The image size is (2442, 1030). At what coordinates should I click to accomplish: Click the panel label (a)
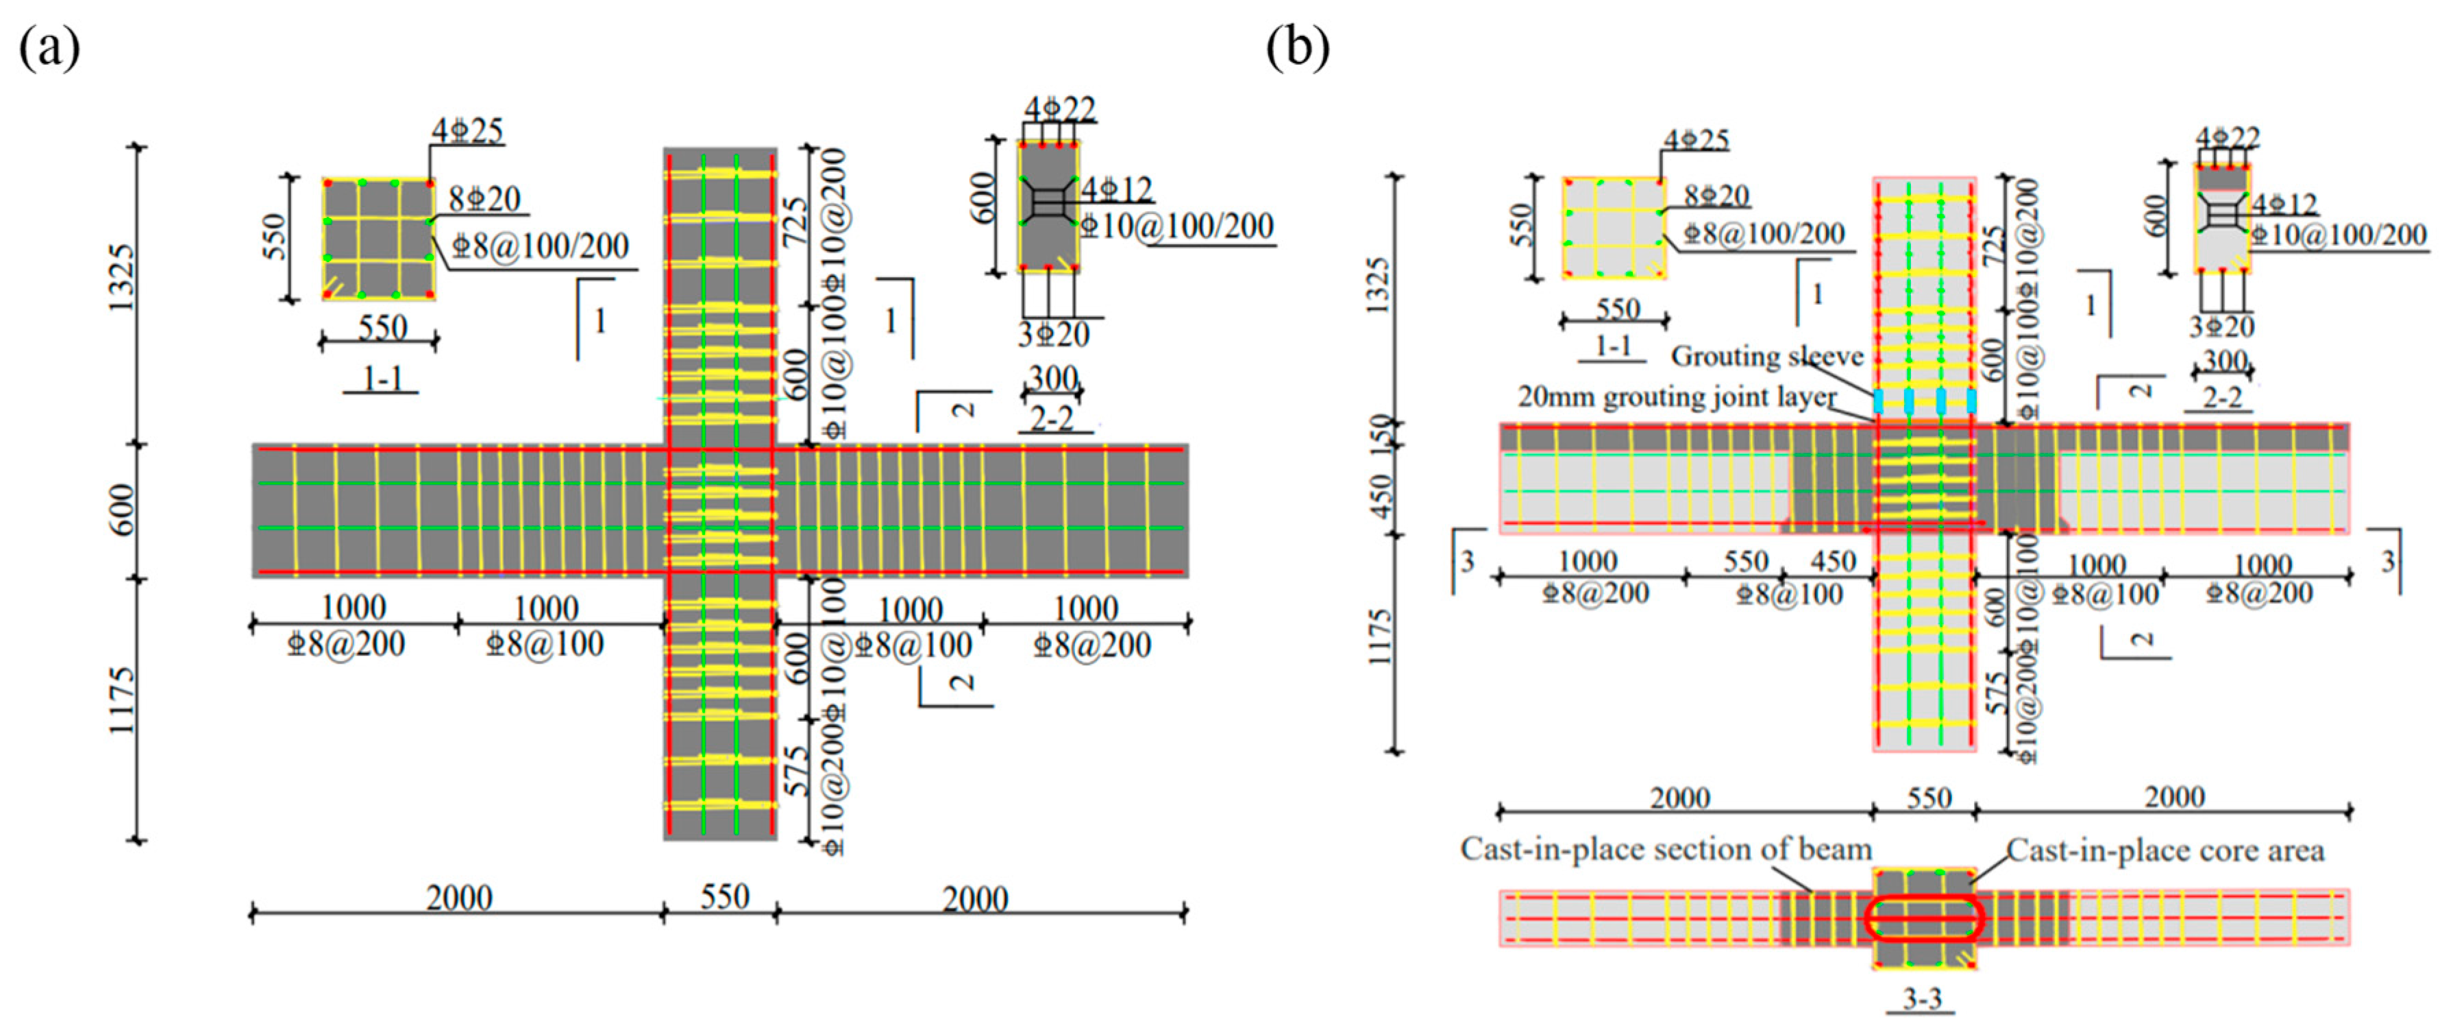pyautogui.click(x=49, y=47)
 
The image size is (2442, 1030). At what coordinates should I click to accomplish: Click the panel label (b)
pyautogui.click(x=1298, y=47)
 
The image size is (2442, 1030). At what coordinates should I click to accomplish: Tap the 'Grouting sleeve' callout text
pyautogui.click(x=1766, y=357)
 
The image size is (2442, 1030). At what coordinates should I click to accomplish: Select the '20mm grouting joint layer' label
pyautogui.click(x=1676, y=396)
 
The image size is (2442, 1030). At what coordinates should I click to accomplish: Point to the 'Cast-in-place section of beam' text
pyautogui.click(x=1666, y=849)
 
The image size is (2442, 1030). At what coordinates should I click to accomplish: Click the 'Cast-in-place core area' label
pyautogui.click(x=2165, y=851)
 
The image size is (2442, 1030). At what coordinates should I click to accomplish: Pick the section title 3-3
pyautogui.click(x=1921, y=998)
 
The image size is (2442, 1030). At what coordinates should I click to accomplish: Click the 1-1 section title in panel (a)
pyautogui.click(x=382, y=379)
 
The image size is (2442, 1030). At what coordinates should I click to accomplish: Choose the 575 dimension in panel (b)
pyautogui.click(x=1997, y=695)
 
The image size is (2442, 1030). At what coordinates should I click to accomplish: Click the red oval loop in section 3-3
pyautogui.click(x=1923, y=917)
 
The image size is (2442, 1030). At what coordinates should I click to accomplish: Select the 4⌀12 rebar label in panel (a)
pyautogui.click(x=1117, y=190)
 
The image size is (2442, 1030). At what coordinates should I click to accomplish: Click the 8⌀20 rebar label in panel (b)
pyautogui.click(x=1717, y=195)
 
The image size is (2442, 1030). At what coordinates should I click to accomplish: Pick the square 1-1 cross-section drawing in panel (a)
pyautogui.click(x=378, y=239)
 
